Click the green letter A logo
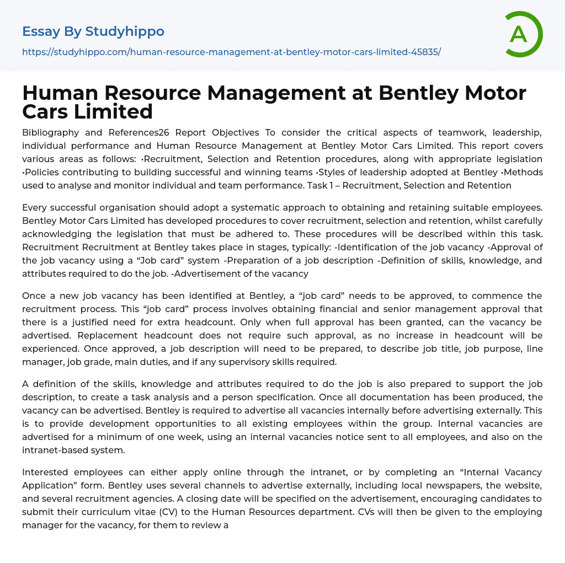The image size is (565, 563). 523,34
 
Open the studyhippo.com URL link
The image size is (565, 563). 231,52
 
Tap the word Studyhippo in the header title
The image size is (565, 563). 125,31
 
